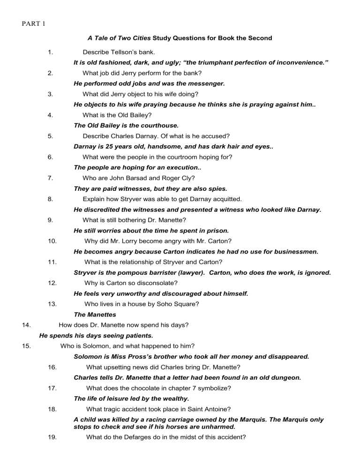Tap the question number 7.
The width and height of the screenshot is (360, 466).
[50, 178]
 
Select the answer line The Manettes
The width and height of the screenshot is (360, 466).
[96, 315]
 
